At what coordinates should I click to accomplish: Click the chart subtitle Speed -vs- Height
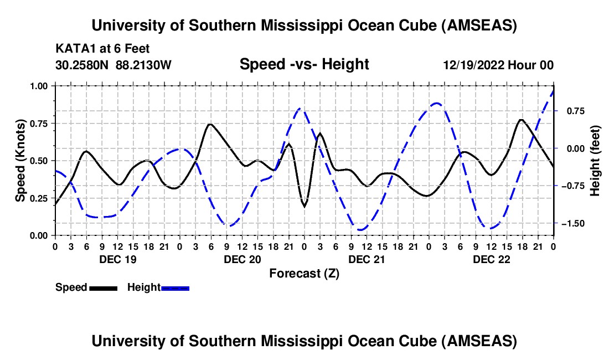coord(304,65)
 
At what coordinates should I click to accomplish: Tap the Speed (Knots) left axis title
coord(20,161)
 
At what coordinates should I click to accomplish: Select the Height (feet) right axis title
coord(595,161)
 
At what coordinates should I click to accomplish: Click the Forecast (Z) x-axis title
coord(304,273)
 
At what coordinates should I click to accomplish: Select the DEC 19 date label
coord(117,259)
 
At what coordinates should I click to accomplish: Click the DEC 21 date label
coord(367,259)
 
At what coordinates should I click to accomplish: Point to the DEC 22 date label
coord(491,259)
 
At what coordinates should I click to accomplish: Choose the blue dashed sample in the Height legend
coord(175,288)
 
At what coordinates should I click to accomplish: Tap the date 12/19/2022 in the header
coord(472,65)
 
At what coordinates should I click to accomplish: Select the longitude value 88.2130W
coord(144,65)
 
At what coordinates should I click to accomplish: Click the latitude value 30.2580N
coord(83,65)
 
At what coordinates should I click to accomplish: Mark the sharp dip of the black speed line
coord(304,206)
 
